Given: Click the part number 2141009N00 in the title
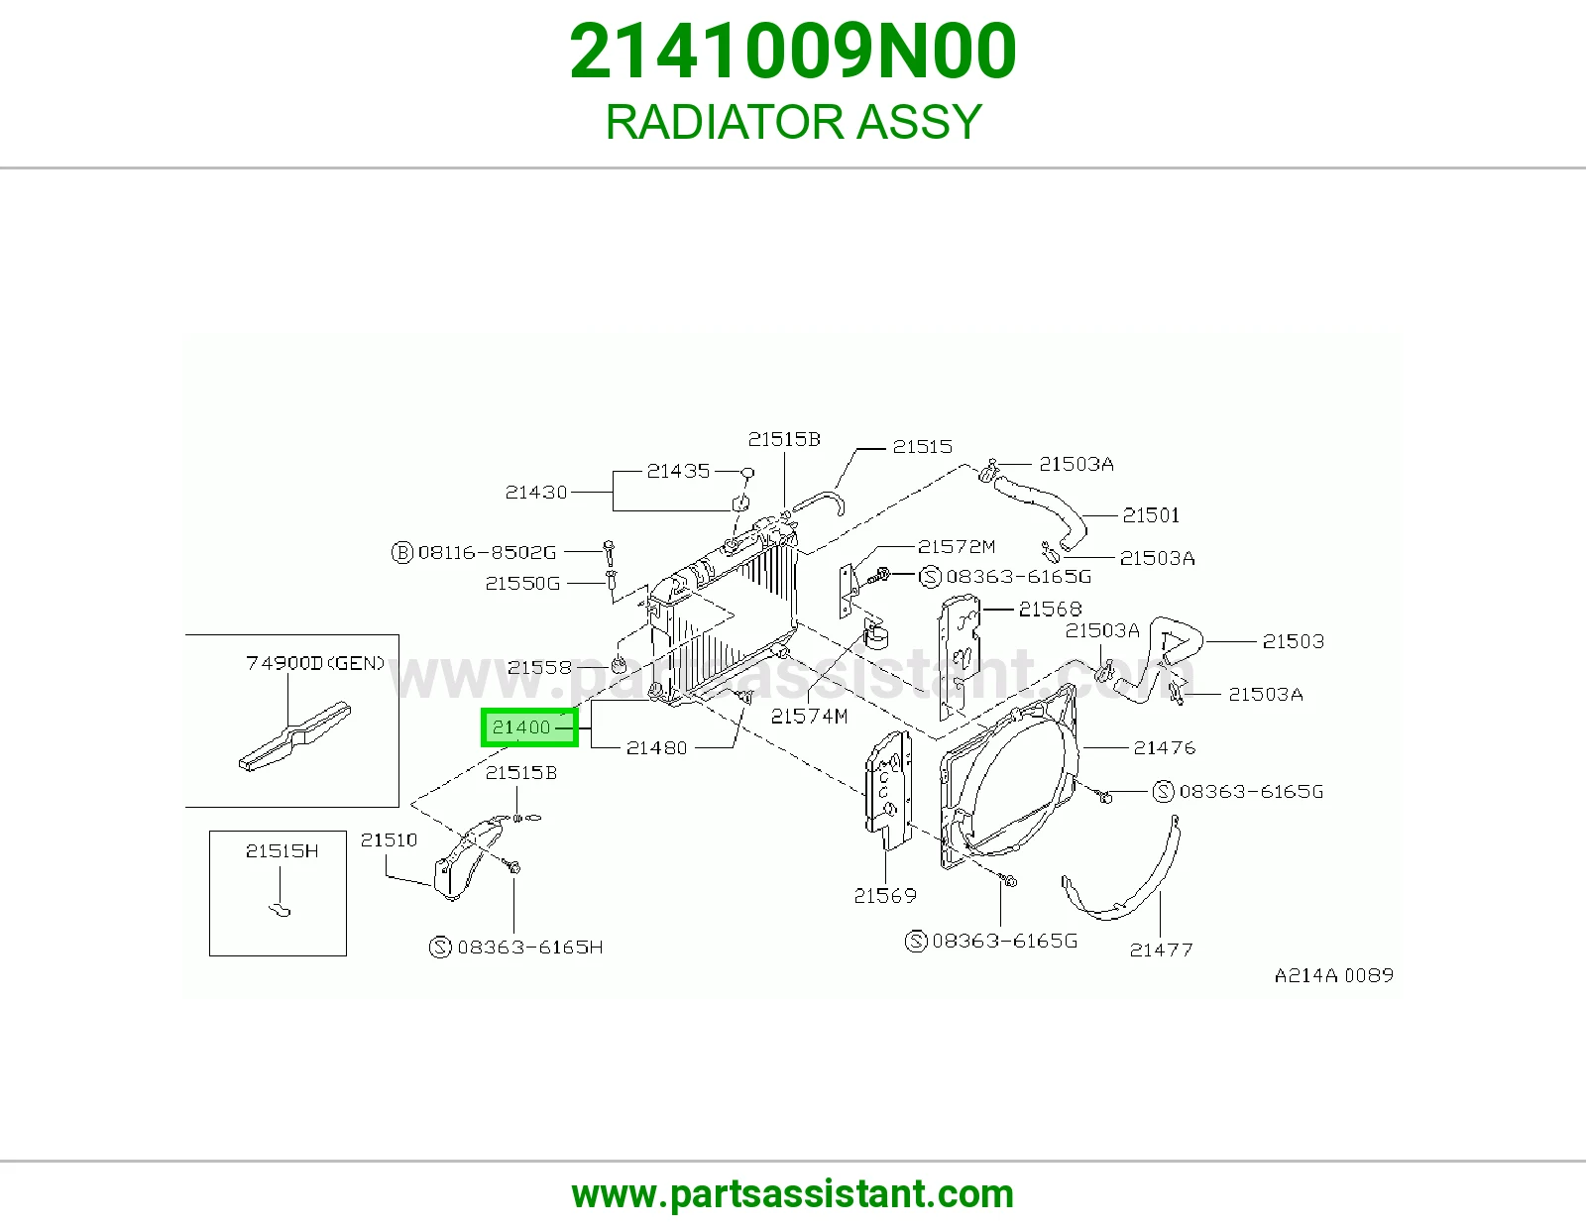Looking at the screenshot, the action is (793, 52).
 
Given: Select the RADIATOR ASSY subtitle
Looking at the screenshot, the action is (793, 121).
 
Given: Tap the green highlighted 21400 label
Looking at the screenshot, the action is (529, 727).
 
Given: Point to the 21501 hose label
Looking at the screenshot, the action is (1151, 515).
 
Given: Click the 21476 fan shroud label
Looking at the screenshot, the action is (1164, 747).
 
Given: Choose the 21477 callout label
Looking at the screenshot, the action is (1161, 950).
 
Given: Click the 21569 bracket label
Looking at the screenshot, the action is (885, 895).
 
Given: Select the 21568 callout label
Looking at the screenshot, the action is (1051, 609).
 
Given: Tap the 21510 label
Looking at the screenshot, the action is (389, 840).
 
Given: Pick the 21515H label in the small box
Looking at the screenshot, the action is (282, 851).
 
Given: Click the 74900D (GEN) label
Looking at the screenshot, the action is (315, 663).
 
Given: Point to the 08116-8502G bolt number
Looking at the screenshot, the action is (487, 552).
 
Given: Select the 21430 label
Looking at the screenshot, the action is (535, 493).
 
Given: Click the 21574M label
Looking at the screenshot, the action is (809, 717).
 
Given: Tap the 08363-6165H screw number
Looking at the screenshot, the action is (530, 948).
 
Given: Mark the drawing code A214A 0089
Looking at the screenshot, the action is (1333, 975).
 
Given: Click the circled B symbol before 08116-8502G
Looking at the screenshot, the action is (402, 552).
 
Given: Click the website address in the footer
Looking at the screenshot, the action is (793, 1194).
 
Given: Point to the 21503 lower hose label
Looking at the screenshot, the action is (1293, 641).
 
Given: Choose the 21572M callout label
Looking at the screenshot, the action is (957, 547).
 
